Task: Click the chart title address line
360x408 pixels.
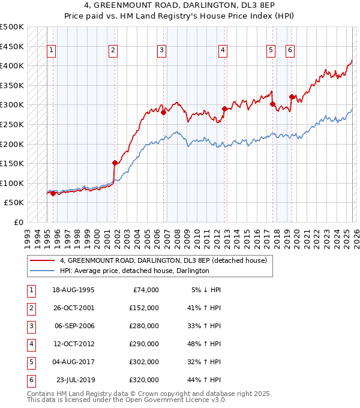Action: pyautogui.click(x=180, y=6)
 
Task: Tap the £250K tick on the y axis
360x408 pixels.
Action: pyautogui.click(x=12, y=124)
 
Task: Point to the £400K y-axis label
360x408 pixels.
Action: pyautogui.click(x=12, y=65)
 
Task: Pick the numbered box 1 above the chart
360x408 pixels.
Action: pyautogui.click(x=52, y=51)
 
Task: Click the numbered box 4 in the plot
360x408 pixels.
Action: pyautogui.click(x=223, y=51)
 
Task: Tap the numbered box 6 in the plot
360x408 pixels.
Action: pyautogui.click(x=290, y=51)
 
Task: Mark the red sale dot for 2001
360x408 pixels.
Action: pyautogui.click(x=115, y=163)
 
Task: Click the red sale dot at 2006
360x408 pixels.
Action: pyautogui.click(x=164, y=112)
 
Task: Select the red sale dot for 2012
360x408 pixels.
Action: pyautogui.click(x=225, y=109)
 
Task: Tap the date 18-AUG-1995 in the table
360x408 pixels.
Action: pyautogui.click(x=73, y=290)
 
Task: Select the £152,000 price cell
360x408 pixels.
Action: pyautogui.click(x=144, y=308)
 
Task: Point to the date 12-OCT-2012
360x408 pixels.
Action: pyautogui.click(x=73, y=344)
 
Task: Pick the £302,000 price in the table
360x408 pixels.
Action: pyautogui.click(x=144, y=362)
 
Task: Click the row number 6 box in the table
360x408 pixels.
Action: pyautogui.click(x=29, y=380)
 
